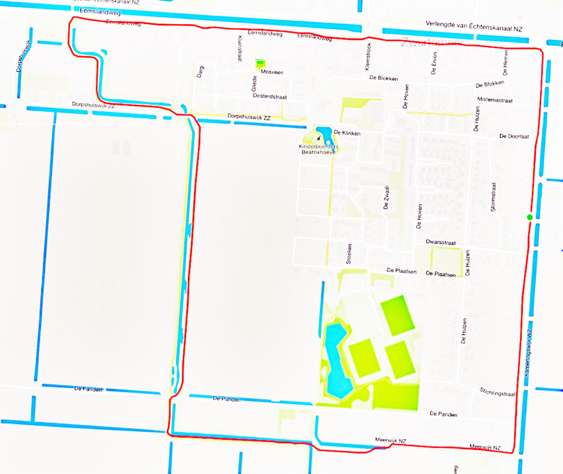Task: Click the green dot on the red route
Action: pos(529,217)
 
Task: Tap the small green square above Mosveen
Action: pos(260,64)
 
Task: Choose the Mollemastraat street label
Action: pos(495,101)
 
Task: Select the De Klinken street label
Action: pos(347,133)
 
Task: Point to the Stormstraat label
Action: pos(494,197)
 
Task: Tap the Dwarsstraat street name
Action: pos(440,243)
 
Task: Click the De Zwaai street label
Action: pos(386,198)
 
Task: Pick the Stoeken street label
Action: pos(349,254)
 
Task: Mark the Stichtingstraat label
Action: pos(498,392)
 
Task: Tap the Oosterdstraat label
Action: pos(270,97)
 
